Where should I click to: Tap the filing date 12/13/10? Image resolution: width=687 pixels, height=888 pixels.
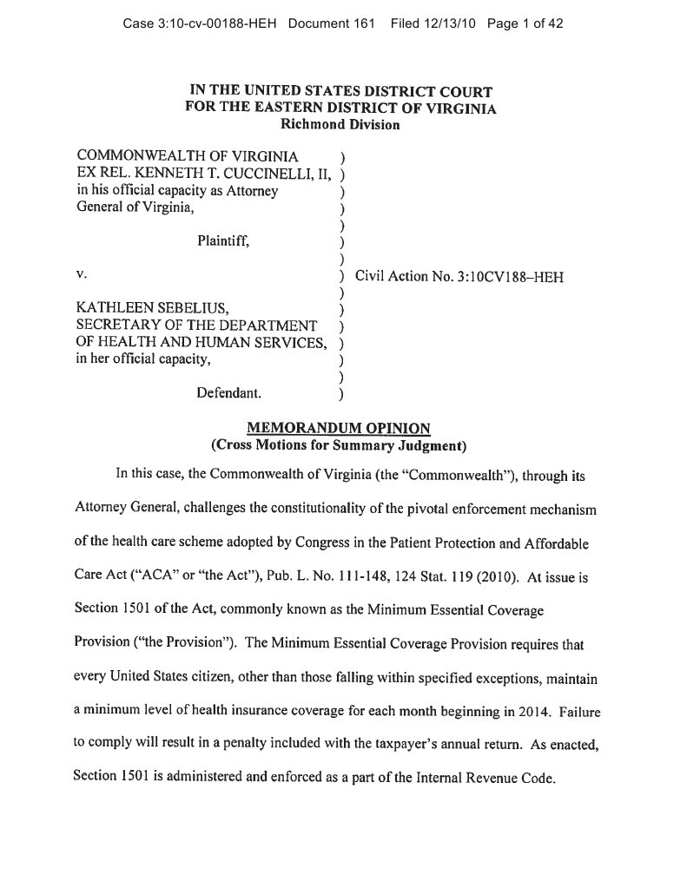click(450, 24)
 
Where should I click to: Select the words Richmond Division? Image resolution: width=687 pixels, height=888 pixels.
click(340, 124)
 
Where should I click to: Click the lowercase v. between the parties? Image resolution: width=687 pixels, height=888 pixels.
click(82, 274)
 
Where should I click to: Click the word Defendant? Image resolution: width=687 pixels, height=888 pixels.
click(228, 392)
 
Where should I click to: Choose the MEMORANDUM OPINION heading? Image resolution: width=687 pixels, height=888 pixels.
click(340, 429)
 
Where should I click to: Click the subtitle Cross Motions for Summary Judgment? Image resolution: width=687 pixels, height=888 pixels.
click(340, 446)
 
